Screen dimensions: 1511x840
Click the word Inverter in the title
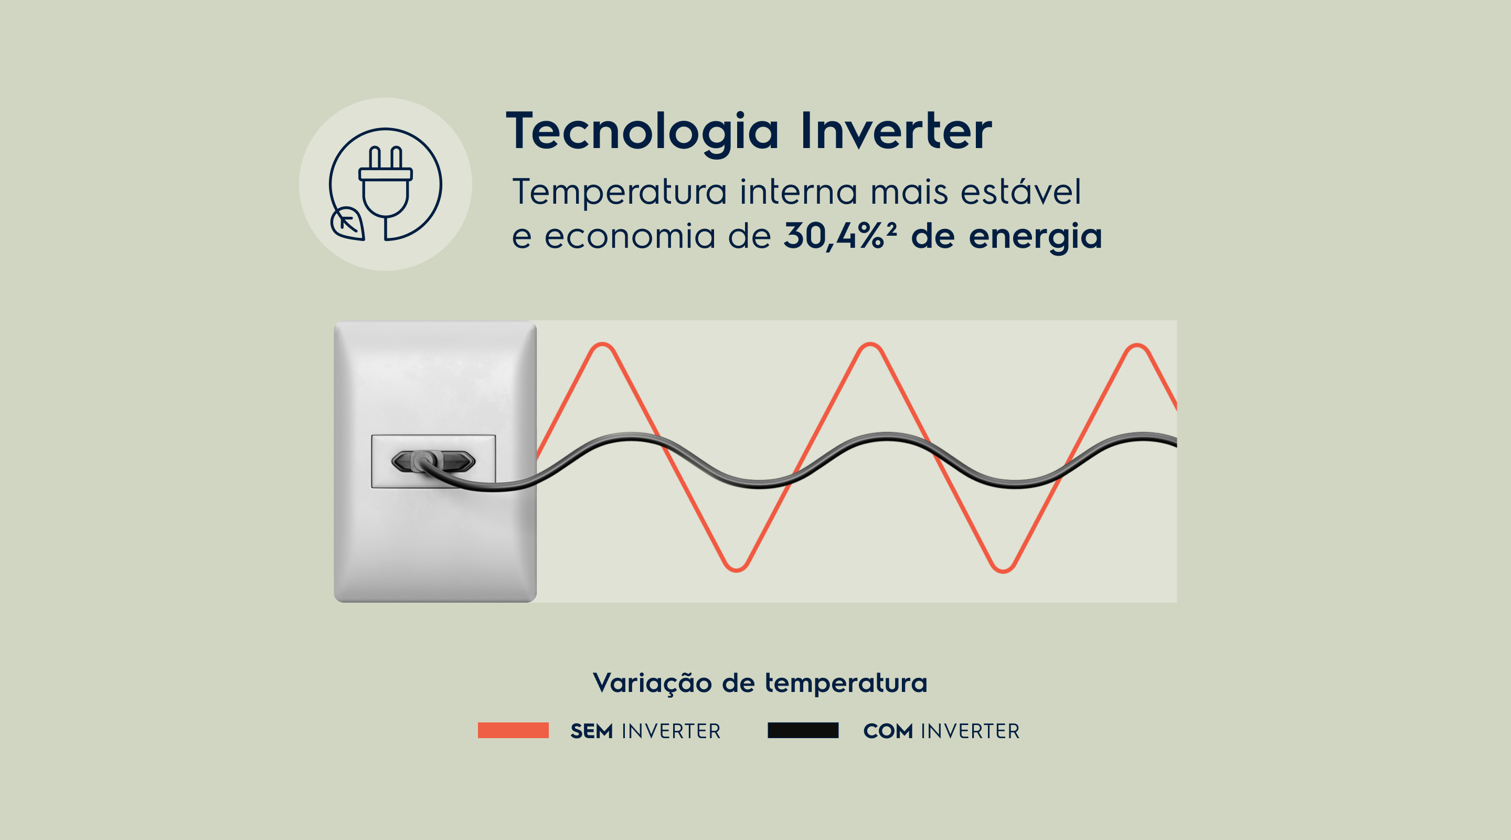click(x=896, y=130)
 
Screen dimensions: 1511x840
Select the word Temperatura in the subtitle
click(x=620, y=193)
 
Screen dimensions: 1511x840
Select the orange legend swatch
click(x=513, y=730)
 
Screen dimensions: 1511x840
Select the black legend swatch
click(x=803, y=730)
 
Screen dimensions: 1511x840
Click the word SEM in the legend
click(x=592, y=731)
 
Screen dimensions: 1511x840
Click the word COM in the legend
click(x=888, y=731)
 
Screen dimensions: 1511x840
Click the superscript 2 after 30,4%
click(x=891, y=228)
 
